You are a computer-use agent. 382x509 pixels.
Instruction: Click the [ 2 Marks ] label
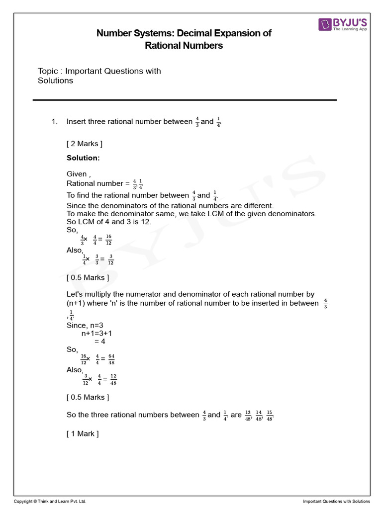(x=85, y=144)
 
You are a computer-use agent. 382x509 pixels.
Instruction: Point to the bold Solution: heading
(x=83, y=158)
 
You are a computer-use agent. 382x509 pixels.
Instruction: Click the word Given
(x=77, y=174)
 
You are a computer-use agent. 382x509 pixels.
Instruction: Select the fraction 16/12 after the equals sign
(x=108, y=240)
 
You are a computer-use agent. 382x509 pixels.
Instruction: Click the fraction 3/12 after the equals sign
(x=110, y=260)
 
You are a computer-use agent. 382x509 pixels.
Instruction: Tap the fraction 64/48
(x=111, y=359)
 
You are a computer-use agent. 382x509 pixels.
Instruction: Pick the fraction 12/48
(x=113, y=380)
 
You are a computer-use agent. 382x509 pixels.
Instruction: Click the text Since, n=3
(x=85, y=325)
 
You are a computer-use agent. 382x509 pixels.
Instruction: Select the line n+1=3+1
(x=96, y=334)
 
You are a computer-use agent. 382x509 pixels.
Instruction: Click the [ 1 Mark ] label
(x=83, y=434)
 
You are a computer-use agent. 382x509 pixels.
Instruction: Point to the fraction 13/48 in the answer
(x=248, y=415)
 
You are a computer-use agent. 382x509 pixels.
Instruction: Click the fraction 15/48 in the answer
(x=270, y=415)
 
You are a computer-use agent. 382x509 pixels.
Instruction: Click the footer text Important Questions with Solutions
(x=336, y=502)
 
